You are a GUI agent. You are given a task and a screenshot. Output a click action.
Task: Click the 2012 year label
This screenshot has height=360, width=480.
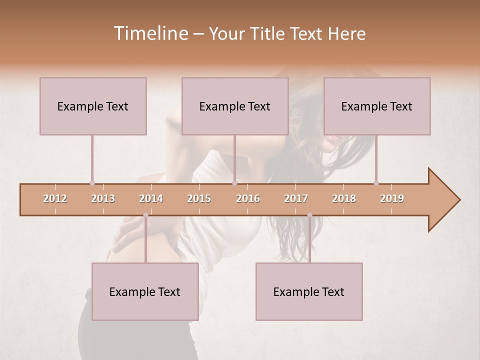pyautogui.click(x=55, y=198)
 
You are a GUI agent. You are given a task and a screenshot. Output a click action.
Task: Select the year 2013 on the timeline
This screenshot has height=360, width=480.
pyautogui.click(x=103, y=198)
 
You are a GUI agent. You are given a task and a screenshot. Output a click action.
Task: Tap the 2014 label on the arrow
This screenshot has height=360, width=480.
pyautogui.click(x=151, y=198)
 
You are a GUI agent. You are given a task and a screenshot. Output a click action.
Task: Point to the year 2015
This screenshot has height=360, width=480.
pyautogui.click(x=199, y=198)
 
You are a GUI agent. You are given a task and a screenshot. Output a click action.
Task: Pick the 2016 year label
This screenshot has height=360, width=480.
pyautogui.click(x=248, y=198)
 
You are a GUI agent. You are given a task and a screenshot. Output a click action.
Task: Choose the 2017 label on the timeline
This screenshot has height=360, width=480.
pyautogui.click(x=296, y=198)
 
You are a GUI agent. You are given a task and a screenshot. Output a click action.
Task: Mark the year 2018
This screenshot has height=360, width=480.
pyautogui.click(x=344, y=198)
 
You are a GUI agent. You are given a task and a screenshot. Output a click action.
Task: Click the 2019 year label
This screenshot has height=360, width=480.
pyautogui.click(x=392, y=198)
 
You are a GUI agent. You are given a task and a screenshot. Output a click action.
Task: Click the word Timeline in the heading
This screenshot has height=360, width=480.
pyautogui.click(x=150, y=33)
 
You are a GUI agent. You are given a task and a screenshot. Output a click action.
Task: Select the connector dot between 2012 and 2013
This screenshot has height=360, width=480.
pyautogui.click(x=92, y=183)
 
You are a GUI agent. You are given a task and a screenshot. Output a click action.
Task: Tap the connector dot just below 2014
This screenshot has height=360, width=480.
pyautogui.click(x=145, y=215)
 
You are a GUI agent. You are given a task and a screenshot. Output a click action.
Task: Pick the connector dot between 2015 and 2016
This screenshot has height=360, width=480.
pyautogui.click(x=234, y=183)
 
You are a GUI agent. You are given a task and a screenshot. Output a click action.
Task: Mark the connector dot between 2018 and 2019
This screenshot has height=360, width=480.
pyautogui.click(x=376, y=183)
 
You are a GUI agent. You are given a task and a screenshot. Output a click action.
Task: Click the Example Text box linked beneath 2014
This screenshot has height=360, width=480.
pyautogui.click(x=145, y=291)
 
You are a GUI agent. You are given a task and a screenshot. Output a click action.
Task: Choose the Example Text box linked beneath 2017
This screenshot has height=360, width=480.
pyautogui.click(x=309, y=291)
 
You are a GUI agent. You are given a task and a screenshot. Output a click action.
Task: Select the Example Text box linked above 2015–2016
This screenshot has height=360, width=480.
pyautogui.click(x=235, y=106)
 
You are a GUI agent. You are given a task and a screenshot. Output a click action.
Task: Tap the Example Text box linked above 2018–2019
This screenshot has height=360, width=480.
pyautogui.click(x=377, y=106)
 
